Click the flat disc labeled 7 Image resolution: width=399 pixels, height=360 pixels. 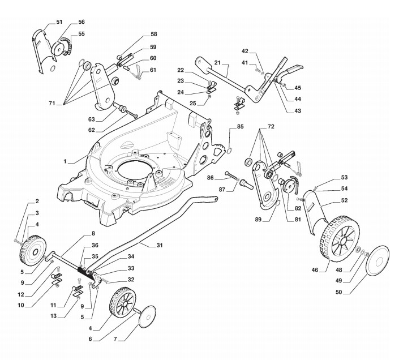(147, 314)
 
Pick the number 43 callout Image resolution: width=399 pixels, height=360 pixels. (298, 110)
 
